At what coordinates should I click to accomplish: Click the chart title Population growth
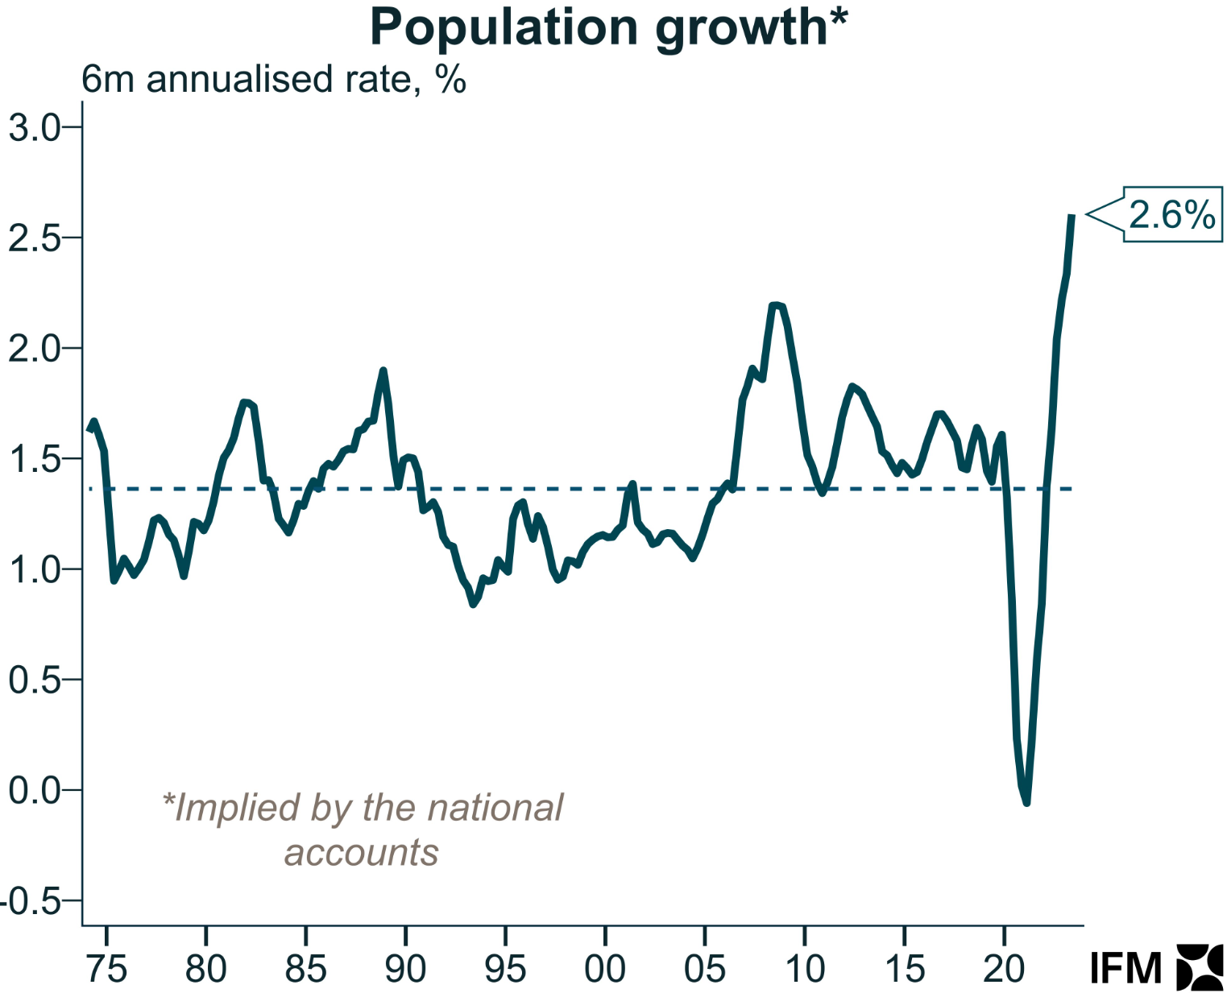608,27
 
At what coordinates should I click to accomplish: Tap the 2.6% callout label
1171,214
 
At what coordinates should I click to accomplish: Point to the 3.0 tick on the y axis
34,127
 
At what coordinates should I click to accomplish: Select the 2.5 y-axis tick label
34,238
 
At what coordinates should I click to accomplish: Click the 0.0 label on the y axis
34,790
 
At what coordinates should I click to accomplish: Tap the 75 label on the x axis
106,969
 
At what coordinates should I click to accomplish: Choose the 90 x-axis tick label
405,969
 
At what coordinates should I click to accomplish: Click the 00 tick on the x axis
605,969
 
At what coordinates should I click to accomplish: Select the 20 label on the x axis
1004,969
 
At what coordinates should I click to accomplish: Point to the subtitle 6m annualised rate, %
274,80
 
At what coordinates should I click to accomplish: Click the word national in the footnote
495,808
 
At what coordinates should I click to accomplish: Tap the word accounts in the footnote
362,852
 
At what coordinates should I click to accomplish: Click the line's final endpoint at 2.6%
1072,215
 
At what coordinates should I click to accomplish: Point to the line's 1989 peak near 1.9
383,370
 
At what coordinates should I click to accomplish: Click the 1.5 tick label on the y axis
34,459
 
